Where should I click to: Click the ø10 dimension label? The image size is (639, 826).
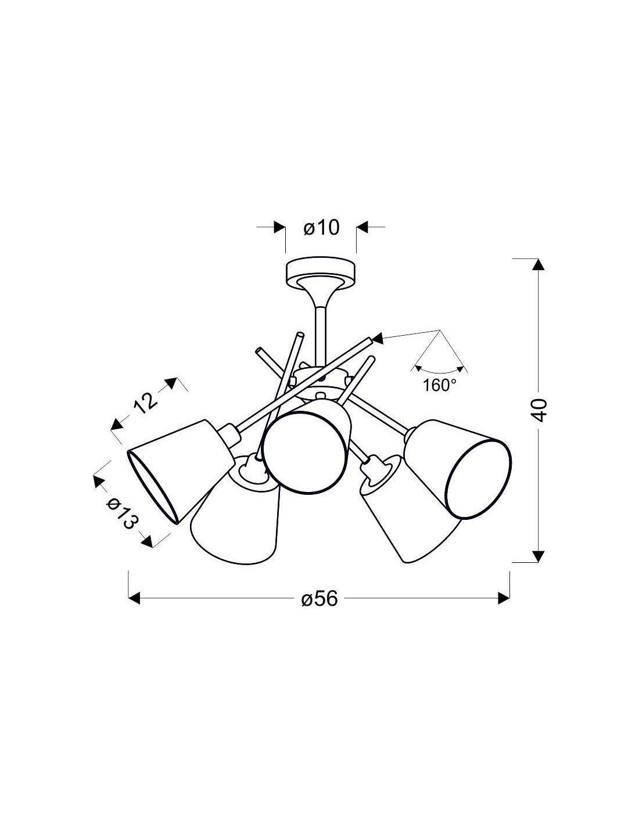click(321, 228)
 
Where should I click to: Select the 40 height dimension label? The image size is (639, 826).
click(539, 410)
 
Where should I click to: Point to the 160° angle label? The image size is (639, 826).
click(440, 386)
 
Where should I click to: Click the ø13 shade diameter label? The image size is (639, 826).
click(121, 514)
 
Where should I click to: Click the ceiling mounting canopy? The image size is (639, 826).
click(321, 274)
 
